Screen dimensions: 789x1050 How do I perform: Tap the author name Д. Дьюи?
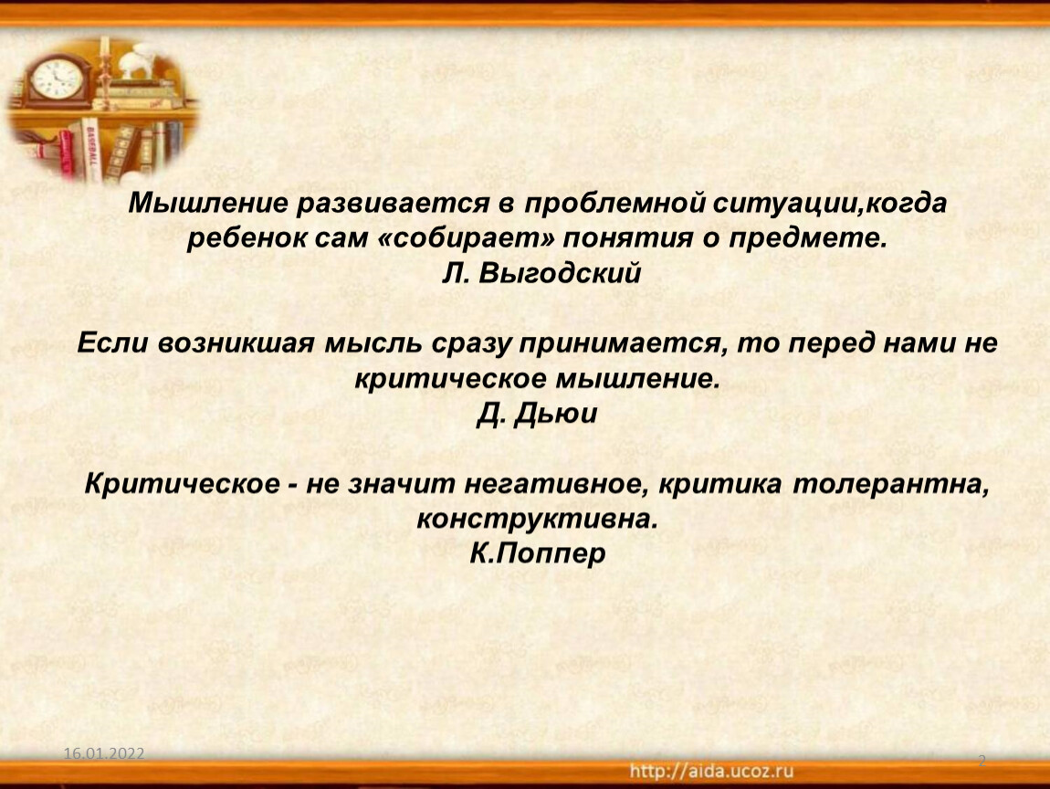point(537,414)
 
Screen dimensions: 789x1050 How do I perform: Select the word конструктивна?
point(536,519)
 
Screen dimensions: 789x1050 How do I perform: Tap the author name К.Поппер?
point(537,553)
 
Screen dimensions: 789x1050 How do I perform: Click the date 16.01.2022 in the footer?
point(104,754)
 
